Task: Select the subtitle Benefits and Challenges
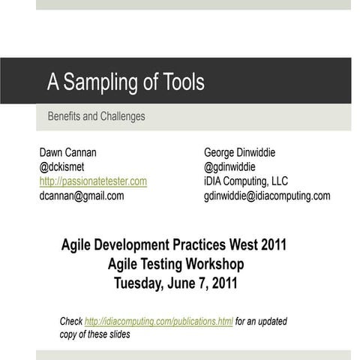96,117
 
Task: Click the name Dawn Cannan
67,153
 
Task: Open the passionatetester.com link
93,181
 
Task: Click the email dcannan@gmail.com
81,196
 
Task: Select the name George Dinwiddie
239,153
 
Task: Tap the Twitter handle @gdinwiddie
229,167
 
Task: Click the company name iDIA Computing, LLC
245,181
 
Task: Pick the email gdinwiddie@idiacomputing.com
266,196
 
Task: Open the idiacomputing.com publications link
158,322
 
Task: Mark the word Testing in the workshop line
163,264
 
